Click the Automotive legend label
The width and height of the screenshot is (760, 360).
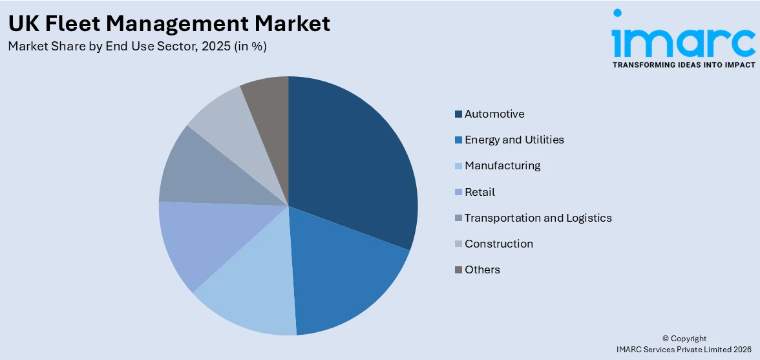point(494,114)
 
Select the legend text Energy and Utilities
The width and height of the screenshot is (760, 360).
point(514,140)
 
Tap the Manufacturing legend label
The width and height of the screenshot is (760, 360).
point(502,165)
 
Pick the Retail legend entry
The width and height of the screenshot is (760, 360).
point(480,192)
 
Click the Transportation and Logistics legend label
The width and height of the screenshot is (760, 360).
point(538,218)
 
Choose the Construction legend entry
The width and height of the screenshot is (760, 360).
point(499,244)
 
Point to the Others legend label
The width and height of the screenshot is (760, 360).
point(482,270)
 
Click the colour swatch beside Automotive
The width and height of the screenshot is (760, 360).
point(458,114)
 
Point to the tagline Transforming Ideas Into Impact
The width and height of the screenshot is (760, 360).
point(683,65)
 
